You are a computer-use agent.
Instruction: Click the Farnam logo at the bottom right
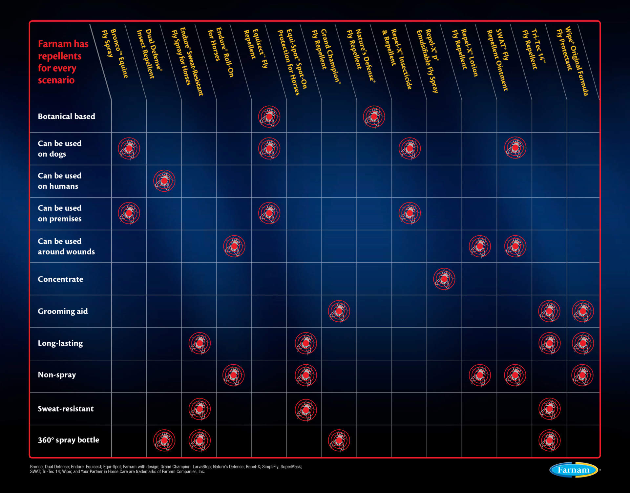click(x=574, y=470)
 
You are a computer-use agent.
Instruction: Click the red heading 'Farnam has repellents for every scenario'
click(x=63, y=62)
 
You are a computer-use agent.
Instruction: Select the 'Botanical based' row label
click(x=66, y=116)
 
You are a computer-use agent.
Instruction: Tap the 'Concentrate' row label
click(x=60, y=279)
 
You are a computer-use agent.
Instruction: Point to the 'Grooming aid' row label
click(x=63, y=311)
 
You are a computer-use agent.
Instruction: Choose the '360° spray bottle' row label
click(x=68, y=440)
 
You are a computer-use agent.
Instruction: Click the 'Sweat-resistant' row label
click(x=66, y=409)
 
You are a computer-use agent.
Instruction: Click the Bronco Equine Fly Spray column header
click(x=115, y=53)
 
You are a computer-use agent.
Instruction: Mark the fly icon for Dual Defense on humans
click(x=164, y=181)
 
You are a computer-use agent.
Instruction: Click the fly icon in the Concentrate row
click(x=444, y=279)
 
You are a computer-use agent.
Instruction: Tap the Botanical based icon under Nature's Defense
click(x=374, y=117)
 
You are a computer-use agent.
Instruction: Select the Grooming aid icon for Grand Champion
click(x=339, y=311)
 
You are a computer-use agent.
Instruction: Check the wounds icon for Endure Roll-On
click(x=234, y=246)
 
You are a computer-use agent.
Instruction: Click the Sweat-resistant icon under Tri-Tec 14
click(x=550, y=409)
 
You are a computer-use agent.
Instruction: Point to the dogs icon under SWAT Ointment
click(x=515, y=148)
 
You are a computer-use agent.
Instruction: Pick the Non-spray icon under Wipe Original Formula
click(x=582, y=375)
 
